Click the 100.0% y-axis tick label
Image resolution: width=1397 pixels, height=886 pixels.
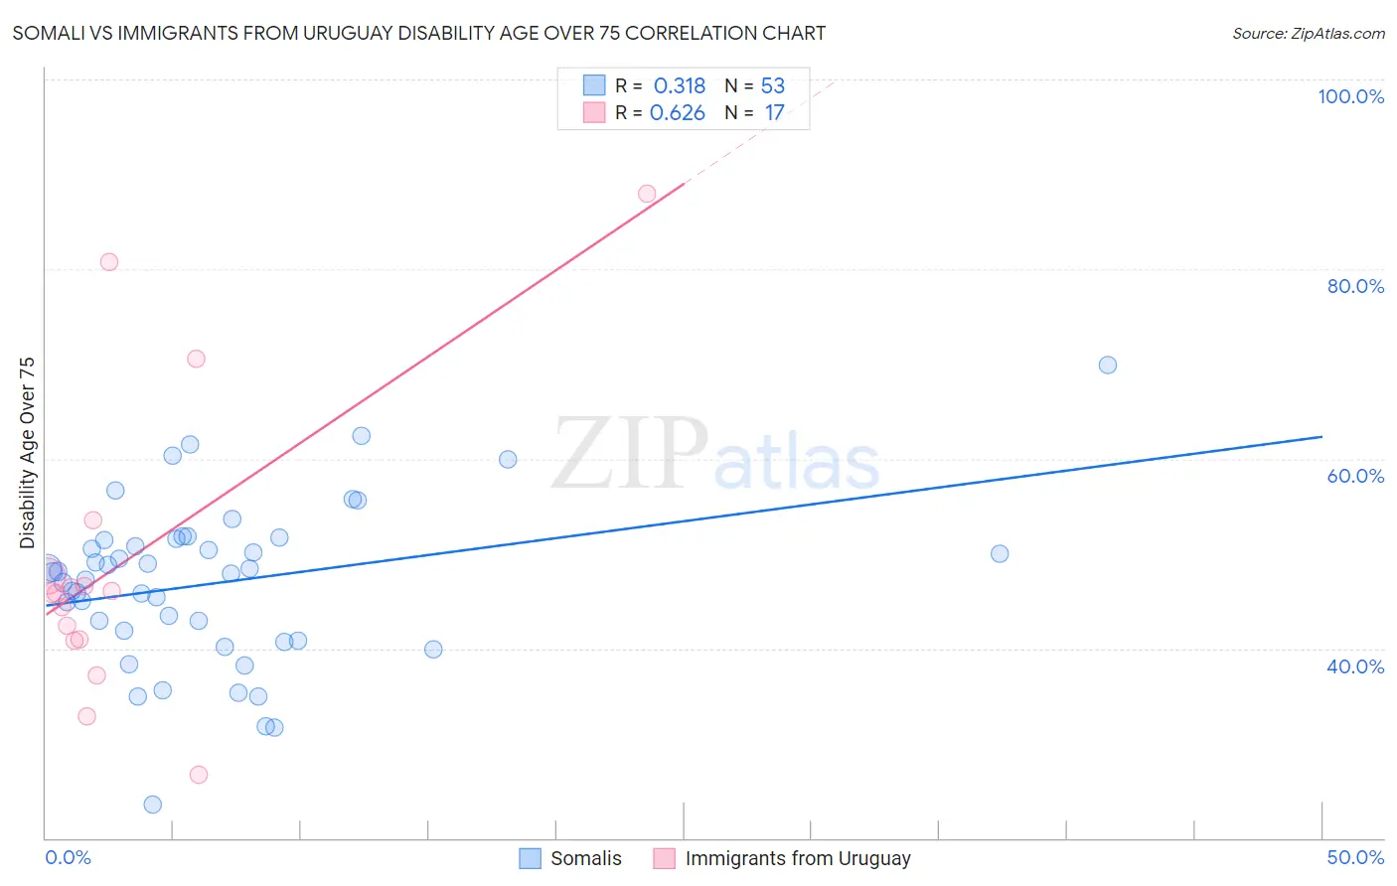coord(1350,96)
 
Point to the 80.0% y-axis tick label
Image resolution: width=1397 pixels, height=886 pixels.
coord(1355,286)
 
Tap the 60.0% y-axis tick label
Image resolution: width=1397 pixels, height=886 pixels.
coord(1355,476)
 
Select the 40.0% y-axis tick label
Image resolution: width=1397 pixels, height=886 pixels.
coord(1355,666)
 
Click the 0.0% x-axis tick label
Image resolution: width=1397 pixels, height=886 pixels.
coord(68,857)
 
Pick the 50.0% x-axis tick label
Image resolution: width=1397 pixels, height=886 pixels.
coord(1355,857)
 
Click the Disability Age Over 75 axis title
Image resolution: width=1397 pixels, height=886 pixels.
coord(27,453)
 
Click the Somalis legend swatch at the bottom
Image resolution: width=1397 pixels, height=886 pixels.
coord(531,858)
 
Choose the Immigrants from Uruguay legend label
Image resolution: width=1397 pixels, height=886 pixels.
coord(797,858)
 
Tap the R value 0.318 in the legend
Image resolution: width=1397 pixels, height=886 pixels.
coord(679,86)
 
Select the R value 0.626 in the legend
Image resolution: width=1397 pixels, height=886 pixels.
coord(677,113)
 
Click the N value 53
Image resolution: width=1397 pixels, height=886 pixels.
coord(772,86)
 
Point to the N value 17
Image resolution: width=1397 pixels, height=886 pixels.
coord(774,113)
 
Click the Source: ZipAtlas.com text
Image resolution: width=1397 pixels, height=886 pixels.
coord(1308,34)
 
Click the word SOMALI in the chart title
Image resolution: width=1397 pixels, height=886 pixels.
coord(48,34)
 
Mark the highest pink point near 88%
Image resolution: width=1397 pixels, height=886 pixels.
coord(647,194)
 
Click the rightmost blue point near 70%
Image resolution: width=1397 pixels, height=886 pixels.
coord(1108,365)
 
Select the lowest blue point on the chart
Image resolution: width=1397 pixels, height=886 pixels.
coord(153,805)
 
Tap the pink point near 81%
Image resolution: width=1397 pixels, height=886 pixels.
coord(109,262)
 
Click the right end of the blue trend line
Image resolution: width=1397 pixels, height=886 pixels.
coord(1321,436)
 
